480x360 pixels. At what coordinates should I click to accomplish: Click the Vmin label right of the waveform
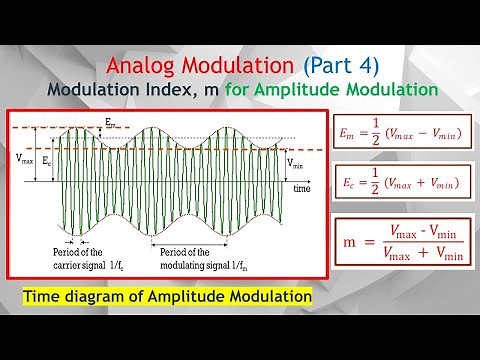(297, 163)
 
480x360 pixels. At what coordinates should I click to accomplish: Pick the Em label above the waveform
(109, 122)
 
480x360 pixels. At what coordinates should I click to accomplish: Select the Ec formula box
(400, 183)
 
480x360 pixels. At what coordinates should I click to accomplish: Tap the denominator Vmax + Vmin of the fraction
(420, 257)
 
